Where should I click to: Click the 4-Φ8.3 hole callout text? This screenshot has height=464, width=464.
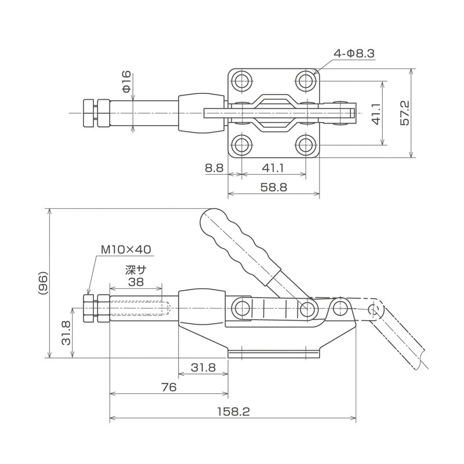click(x=354, y=54)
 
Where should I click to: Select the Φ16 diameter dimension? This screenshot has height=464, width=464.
click(x=126, y=82)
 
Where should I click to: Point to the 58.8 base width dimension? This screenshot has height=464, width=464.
click(x=273, y=188)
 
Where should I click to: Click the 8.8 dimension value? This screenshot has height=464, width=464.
click(x=214, y=169)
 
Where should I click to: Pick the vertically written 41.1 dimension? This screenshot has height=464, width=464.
click(x=375, y=114)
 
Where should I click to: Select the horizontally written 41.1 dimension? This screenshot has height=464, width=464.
click(x=273, y=169)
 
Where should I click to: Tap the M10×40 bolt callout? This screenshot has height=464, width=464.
click(x=126, y=249)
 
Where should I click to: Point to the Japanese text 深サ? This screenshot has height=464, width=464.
click(x=135, y=270)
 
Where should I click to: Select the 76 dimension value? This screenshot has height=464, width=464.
click(x=169, y=387)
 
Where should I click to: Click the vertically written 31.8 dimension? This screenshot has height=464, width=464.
click(x=65, y=333)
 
